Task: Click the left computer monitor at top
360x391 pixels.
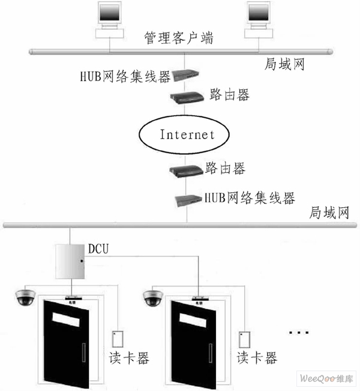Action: click(112, 16)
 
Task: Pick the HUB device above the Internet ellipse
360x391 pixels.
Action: click(185, 75)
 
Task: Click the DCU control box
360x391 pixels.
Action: click(70, 261)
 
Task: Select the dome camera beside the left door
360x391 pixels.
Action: click(25, 296)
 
